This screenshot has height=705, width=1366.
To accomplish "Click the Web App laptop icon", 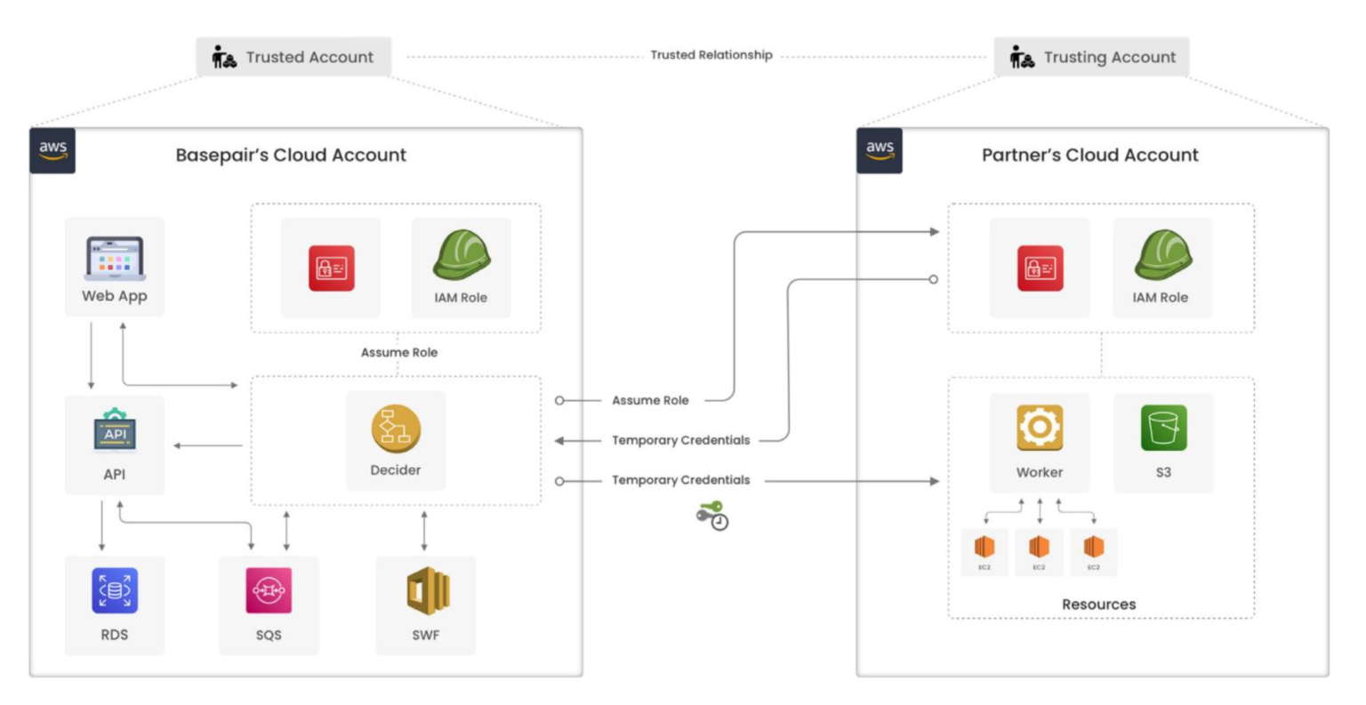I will pos(115,259).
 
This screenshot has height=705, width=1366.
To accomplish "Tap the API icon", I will pos(115,430).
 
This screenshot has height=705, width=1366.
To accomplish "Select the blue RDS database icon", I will pos(115,590).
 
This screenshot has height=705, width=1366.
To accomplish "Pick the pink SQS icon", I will pos(269,590).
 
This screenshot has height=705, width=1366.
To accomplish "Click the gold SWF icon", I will pos(426,590).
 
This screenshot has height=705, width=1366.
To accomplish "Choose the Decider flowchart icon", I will pos(396,429).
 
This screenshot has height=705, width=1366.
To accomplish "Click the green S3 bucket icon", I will pos(1163,428).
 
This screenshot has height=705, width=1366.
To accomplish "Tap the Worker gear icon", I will pos(1040,428).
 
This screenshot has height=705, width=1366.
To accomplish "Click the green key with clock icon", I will pos(712,516).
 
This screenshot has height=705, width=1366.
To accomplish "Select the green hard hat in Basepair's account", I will pos(462,256).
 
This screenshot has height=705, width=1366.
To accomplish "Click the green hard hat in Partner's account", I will pos(1161,256).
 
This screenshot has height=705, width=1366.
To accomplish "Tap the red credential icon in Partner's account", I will pos(1040,268).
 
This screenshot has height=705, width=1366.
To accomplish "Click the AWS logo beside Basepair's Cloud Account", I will pos(52,150).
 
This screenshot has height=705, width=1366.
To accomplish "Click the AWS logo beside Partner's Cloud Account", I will pos(880,150).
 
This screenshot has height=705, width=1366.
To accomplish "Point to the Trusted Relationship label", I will pos(711,55).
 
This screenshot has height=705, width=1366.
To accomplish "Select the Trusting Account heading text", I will pos(1109,57).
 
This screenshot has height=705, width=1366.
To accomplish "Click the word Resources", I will pos(1098,605).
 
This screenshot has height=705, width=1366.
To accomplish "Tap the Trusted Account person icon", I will pos(223,58).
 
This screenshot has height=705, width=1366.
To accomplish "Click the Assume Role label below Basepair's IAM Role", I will pos(399,353).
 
